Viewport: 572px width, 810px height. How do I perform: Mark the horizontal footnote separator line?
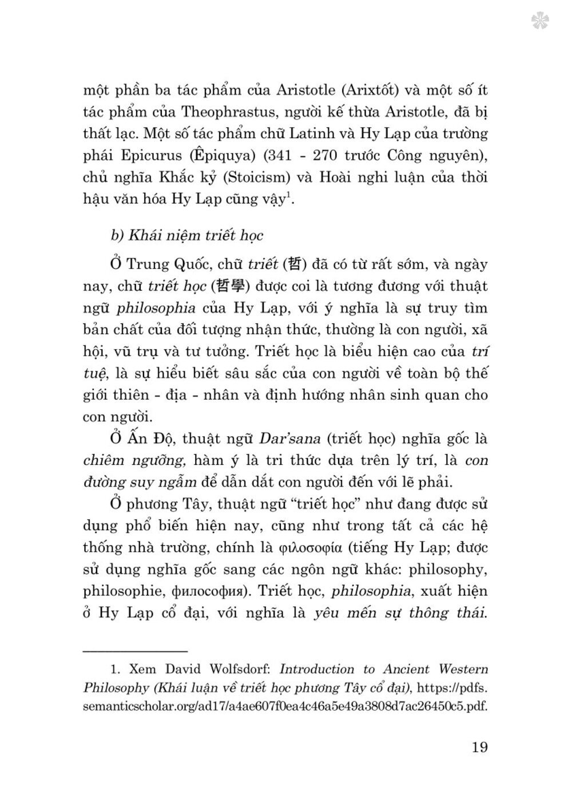136,651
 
